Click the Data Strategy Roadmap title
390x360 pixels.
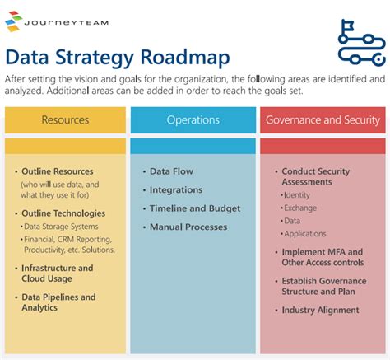coord(118,57)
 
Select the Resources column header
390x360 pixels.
coord(65,120)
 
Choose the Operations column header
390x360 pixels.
coord(193,120)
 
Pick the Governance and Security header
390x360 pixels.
coord(322,120)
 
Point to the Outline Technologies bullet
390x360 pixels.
coord(63,213)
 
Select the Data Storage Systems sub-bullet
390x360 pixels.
coord(63,226)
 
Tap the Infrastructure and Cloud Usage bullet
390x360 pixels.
coord(57,273)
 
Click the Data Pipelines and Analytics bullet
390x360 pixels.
coord(58,302)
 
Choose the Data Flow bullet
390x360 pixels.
coord(171,171)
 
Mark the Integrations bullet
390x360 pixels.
coord(176,190)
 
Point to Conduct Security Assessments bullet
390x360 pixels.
coord(316,176)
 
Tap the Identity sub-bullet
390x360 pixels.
coord(296,196)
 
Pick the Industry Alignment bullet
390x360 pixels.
coord(320,311)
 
